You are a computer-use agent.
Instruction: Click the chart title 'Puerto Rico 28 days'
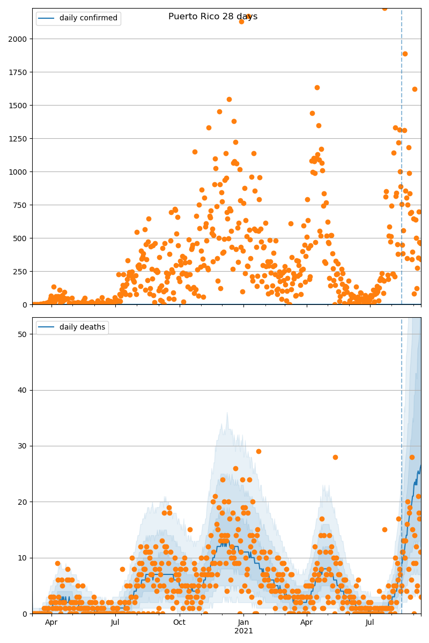pyautogui.click(x=213, y=17)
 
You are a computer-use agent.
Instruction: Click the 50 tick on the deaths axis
pyautogui.click(x=23, y=334)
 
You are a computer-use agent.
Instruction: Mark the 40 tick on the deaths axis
pyautogui.click(x=23, y=390)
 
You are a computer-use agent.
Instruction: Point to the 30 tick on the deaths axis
pyautogui.click(x=23, y=446)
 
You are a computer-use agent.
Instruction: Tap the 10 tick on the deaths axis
pyautogui.click(x=23, y=558)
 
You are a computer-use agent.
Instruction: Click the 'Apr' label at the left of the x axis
pyautogui.click(x=51, y=623)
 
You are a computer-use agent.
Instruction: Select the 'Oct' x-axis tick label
pyautogui.click(x=179, y=623)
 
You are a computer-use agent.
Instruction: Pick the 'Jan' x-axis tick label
pyautogui.click(x=243, y=623)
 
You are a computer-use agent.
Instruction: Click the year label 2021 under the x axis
pyautogui.click(x=243, y=631)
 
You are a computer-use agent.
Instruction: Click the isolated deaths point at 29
pyautogui.click(x=258, y=451)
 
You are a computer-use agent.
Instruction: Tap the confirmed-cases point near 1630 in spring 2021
pyautogui.click(x=317, y=87)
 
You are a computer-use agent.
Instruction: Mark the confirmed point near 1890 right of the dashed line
pyautogui.click(x=405, y=54)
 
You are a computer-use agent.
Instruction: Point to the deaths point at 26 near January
pyautogui.click(x=235, y=468)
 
